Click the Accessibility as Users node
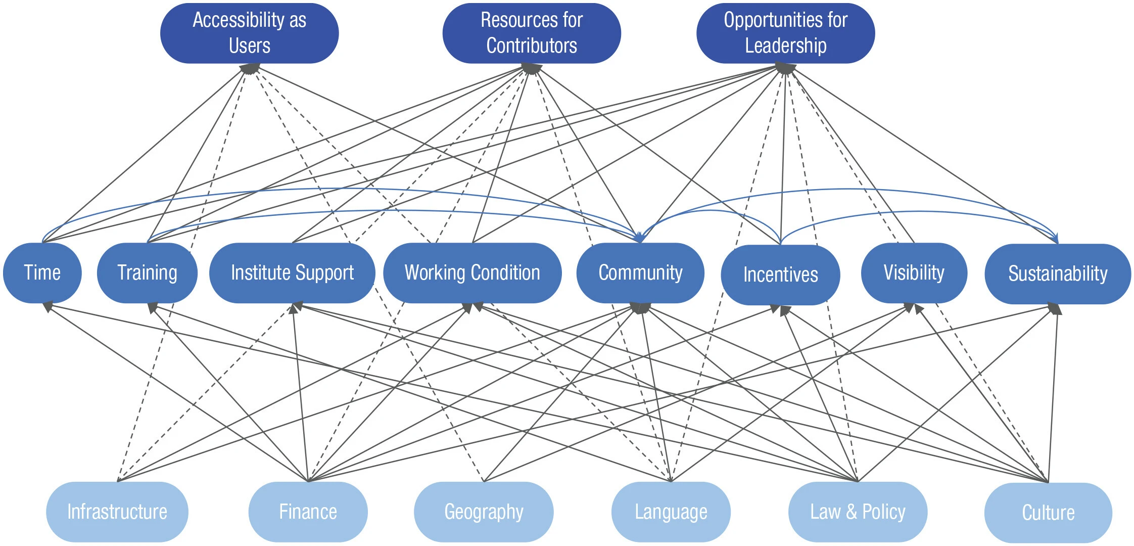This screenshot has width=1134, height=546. [x=249, y=33]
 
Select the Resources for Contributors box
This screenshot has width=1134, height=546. [x=531, y=33]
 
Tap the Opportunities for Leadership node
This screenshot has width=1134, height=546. [x=785, y=33]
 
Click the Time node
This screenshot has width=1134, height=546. [x=42, y=273]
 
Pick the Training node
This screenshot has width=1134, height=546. [x=147, y=273]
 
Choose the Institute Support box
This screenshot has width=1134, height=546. [x=292, y=273]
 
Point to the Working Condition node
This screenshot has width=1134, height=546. [x=472, y=273]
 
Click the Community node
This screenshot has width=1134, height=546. [x=640, y=273]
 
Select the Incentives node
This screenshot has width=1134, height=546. [x=780, y=275]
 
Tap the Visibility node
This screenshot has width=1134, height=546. [x=914, y=273]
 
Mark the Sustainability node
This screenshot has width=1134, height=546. [x=1057, y=274]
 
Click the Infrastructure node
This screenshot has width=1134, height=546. [x=117, y=512]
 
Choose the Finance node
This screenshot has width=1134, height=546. [x=308, y=512]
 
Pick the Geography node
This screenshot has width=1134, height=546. [x=484, y=512]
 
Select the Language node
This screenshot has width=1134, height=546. [x=671, y=512]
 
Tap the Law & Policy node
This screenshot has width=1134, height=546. [x=858, y=512]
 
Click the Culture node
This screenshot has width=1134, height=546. [x=1048, y=513]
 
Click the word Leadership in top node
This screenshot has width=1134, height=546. [x=785, y=46]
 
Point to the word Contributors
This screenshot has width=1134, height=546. [x=531, y=46]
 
